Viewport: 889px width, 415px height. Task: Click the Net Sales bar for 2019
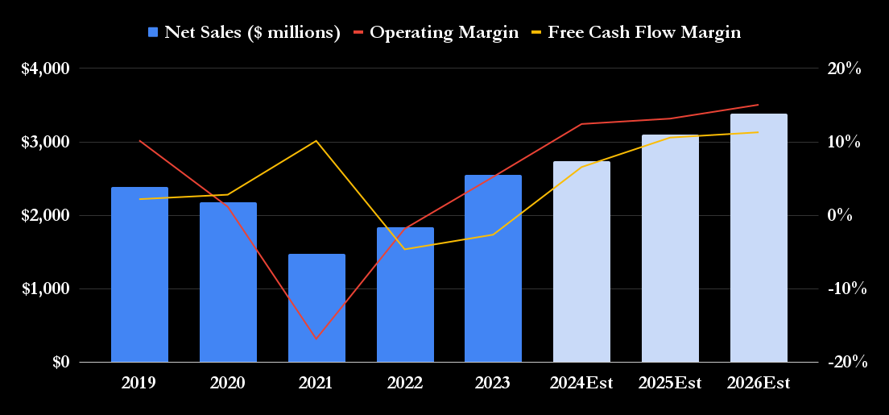coord(139,275)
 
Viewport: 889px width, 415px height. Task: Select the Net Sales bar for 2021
coord(316,309)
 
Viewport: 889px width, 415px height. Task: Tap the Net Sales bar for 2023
coord(493,269)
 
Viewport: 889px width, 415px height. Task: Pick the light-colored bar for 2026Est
coord(759,239)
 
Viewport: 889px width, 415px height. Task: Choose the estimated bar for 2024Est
coord(581,262)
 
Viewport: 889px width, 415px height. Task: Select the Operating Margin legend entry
coord(436,32)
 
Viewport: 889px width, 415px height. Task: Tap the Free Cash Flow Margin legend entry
coord(635,32)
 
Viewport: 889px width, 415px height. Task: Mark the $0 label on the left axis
coord(61,363)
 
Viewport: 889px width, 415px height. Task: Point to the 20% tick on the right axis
coord(844,68)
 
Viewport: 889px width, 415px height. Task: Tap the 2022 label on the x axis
coord(405,384)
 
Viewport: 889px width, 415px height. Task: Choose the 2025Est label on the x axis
coord(670,384)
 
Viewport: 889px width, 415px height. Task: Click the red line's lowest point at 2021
coord(316,338)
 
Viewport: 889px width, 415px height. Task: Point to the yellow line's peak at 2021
coord(316,141)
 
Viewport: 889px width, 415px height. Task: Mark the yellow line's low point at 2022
coord(405,249)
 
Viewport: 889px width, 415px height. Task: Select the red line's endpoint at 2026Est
coord(759,105)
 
